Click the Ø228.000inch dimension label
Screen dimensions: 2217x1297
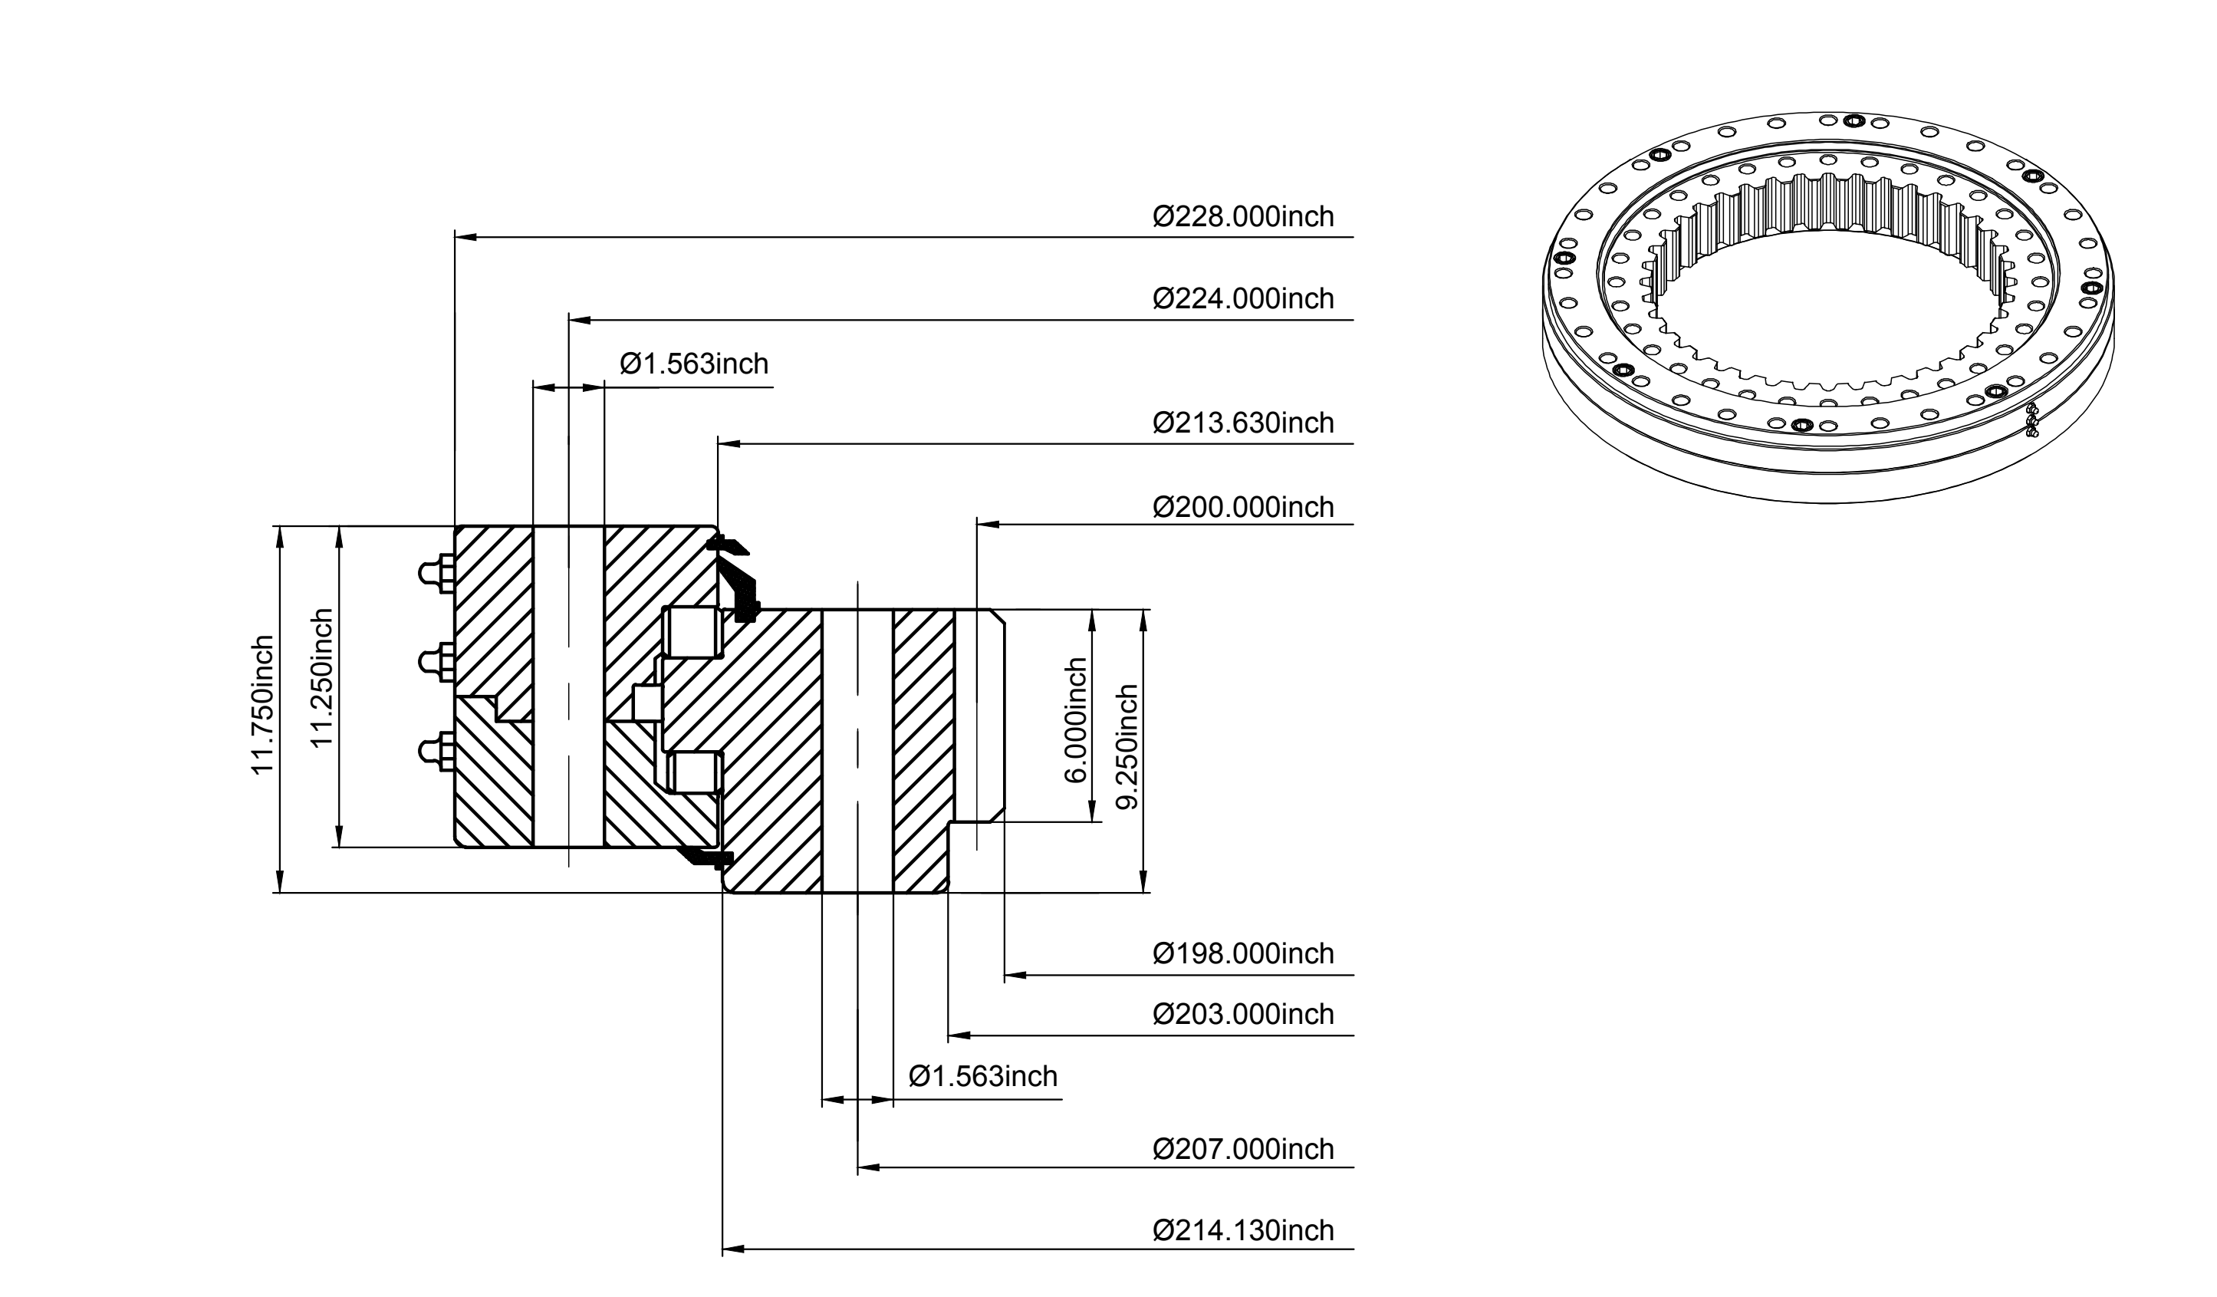(1243, 216)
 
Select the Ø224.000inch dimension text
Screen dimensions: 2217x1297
(1243, 299)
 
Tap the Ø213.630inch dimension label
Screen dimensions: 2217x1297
(1243, 423)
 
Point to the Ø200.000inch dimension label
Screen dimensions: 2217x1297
(1243, 508)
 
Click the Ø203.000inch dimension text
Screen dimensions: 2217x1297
(1243, 1015)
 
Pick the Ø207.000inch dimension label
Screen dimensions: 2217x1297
(1243, 1149)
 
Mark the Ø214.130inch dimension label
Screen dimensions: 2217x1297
(1243, 1230)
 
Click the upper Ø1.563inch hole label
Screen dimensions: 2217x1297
(694, 364)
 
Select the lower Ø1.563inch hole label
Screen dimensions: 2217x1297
(982, 1077)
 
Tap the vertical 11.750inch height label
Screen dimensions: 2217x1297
(263, 705)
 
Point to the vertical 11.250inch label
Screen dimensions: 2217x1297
(322, 677)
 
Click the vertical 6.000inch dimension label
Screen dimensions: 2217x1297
(1076, 719)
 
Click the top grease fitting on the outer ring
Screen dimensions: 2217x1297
(436, 574)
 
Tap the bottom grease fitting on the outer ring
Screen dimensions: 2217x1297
(436, 752)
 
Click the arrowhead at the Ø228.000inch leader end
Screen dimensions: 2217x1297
(465, 237)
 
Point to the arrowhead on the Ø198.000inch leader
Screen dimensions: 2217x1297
(1015, 975)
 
